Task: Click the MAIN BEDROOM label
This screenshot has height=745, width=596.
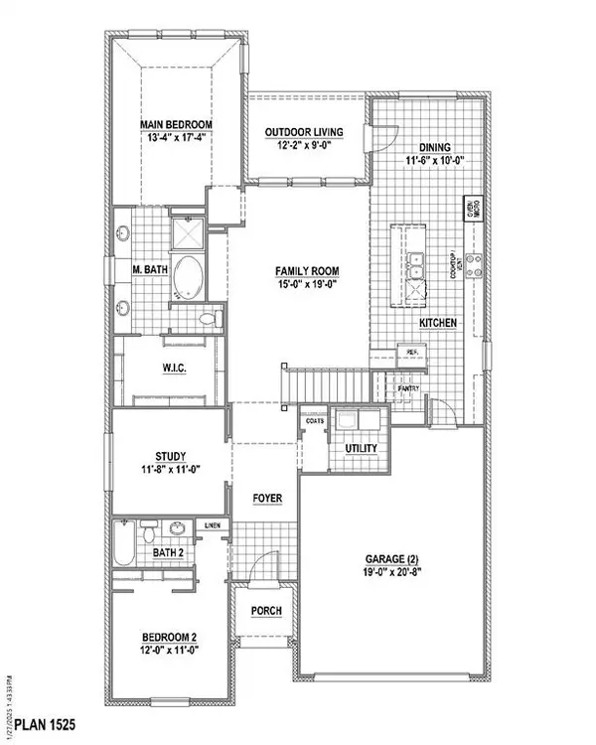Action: tap(176, 125)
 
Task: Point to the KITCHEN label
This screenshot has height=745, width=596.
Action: tap(437, 325)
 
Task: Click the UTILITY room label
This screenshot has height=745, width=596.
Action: tap(361, 449)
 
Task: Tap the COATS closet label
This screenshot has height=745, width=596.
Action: tap(316, 421)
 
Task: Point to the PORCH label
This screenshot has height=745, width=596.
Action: tap(264, 611)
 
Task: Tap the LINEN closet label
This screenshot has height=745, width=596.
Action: tap(213, 524)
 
